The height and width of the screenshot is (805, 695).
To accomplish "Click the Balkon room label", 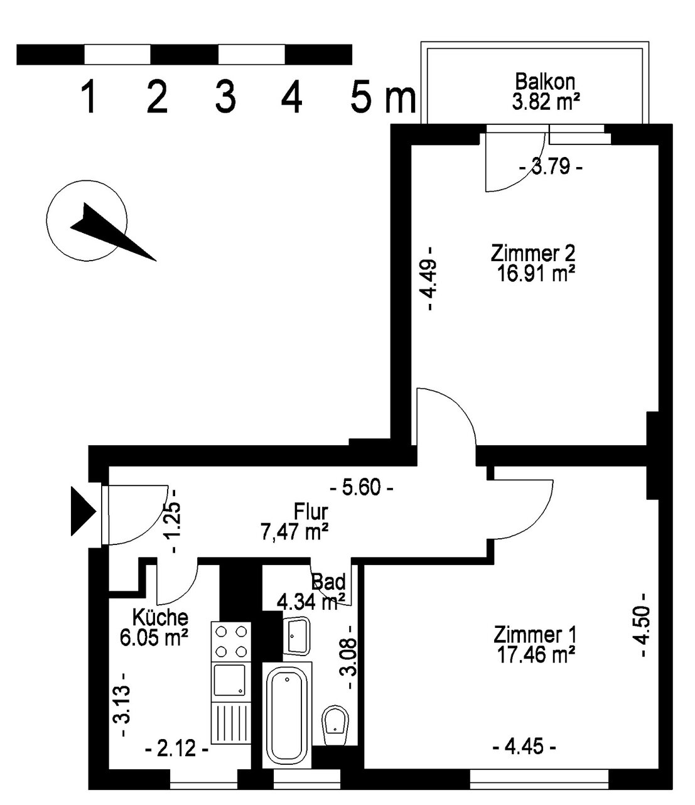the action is pyautogui.click(x=545, y=82).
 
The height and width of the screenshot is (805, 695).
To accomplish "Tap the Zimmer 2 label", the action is pyautogui.click(x=532, y=254).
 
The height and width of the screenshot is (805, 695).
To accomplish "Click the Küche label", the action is pyautogui.click(x=160, y=618).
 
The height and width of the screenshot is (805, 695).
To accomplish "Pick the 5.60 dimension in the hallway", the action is pyautogui.click(x=361, y=487).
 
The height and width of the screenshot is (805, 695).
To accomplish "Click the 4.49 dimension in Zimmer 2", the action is pyautogui.click(x=430, y=278).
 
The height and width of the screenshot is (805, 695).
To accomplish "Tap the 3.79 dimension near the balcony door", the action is pyautogui.click(x=551, y=168).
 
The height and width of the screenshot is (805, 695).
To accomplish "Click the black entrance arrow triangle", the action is pyautogui.click(x=83, y=511).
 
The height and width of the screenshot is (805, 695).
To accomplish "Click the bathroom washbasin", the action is pyautogui.click(x=296, y=635).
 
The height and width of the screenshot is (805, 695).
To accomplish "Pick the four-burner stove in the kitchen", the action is pyautogui.click(x=231, y=641).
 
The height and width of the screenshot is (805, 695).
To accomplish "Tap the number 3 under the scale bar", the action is pyautogui.click(x=225, y=96).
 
